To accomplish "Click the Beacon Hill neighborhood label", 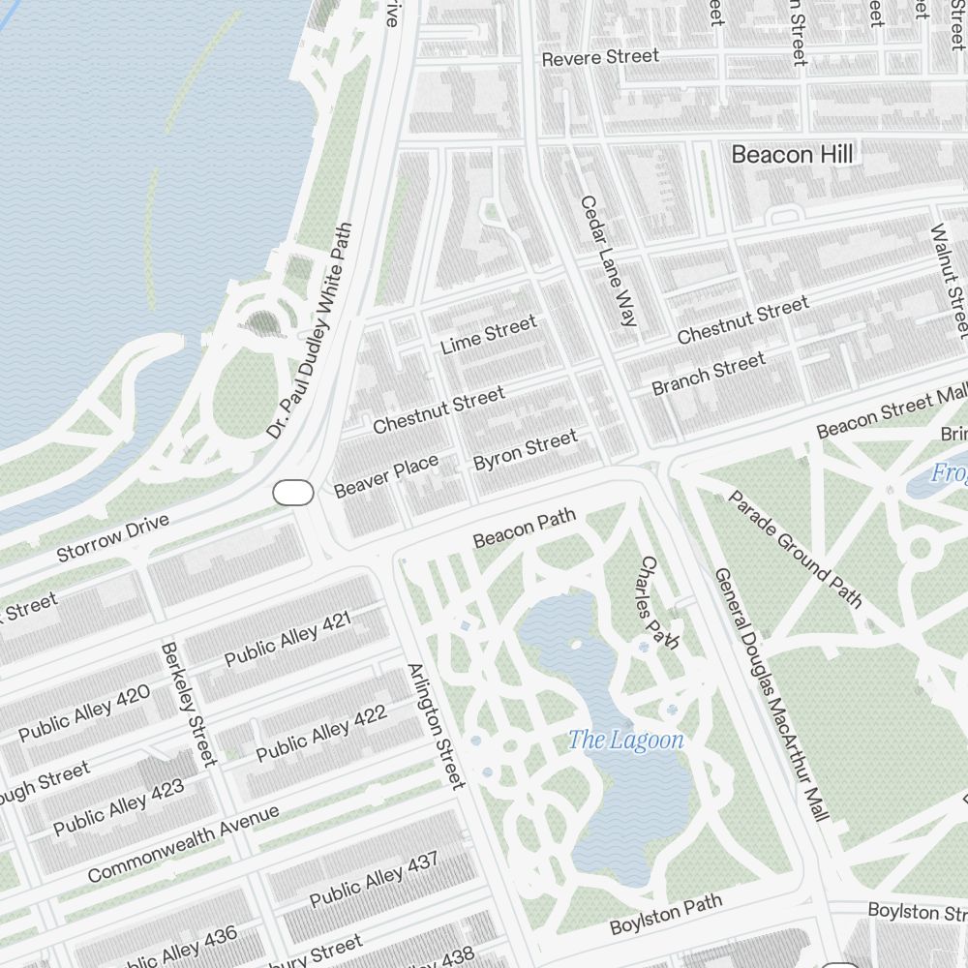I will [x=792, y=154].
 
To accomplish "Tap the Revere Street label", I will [x=600, y=58].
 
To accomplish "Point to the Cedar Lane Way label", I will [x=608, y=260].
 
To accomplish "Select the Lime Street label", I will [x=488, y=335].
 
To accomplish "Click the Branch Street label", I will [x=709, y=375].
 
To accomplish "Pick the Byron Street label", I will [x=525, y=451].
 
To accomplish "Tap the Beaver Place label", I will [x=386, y=476].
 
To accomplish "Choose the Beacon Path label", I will [x=525, y=529].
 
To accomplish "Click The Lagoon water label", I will [x=625, y=741].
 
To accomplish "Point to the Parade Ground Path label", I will [x=794, y=549].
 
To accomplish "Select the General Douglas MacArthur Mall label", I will [x=771, y=694].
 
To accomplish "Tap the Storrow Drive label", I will [x=113, y=538].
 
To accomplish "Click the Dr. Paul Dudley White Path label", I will [x=310, y=330].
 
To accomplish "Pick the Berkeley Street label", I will [x=188, y=704].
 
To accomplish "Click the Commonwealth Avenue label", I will [x=183, y=844].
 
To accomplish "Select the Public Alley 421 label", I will [x=287, y=638].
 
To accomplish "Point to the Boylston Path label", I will [x=666, y=916].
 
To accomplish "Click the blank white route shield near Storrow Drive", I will [x=293, y=493].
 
